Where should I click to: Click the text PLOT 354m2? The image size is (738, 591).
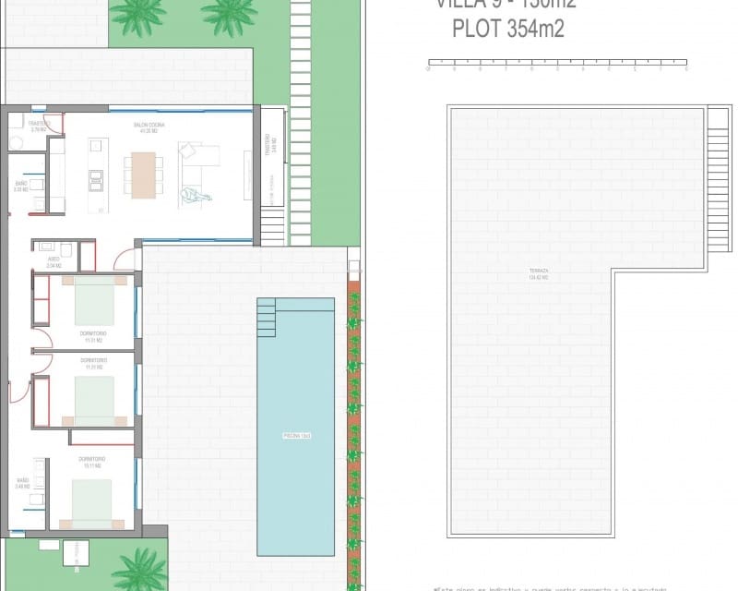coord(507,30)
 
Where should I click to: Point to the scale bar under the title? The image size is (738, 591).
coord(557,66)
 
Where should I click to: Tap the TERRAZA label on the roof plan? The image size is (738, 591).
coord(539,274)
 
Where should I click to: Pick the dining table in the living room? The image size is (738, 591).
coord(143,175)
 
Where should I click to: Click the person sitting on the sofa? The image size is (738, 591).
coord(195,194)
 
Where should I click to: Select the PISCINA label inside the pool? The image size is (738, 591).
coord(295,434)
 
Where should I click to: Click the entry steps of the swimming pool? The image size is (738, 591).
coord(267,317)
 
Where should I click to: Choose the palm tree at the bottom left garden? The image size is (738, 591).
coord(140,567)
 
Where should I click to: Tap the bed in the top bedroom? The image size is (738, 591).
coord(93,300)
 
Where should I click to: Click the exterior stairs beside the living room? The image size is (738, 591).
coord(273,225)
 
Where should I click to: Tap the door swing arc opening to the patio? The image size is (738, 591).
coord(123,259)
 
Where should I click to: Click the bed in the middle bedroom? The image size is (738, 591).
coord(93,400)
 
